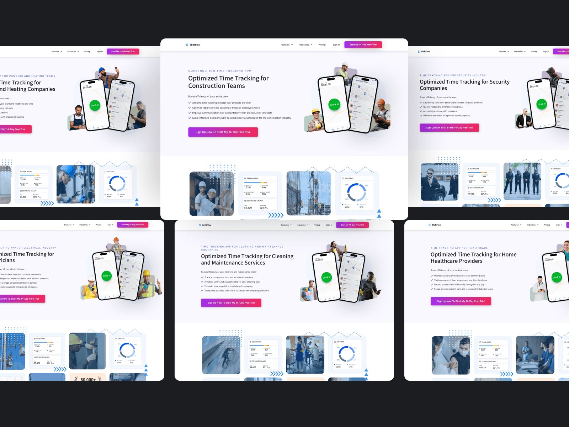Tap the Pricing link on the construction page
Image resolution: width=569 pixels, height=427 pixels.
point(322,45)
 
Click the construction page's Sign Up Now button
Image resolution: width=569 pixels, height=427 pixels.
point(223,132)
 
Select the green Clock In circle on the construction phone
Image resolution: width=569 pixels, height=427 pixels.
point(334,104)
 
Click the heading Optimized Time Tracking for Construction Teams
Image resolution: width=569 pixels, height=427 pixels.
point(228,82)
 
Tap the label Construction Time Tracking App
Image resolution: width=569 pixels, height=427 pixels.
point(219,71)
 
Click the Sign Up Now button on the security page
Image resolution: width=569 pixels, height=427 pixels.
point(449,128)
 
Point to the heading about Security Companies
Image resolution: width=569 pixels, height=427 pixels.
point(464,85)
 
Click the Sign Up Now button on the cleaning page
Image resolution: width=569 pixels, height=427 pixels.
point(231,303)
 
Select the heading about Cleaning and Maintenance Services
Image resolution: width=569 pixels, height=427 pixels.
point(247,259)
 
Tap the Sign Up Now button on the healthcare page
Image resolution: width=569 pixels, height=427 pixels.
point(461,301)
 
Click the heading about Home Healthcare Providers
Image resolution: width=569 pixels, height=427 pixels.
point(473,258)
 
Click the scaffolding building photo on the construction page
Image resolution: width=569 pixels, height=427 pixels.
point(308,193)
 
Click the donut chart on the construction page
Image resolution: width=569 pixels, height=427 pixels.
point(356,192)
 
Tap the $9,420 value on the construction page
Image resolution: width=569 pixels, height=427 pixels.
point(248,208)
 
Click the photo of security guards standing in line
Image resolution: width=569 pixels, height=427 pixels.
point(522,181)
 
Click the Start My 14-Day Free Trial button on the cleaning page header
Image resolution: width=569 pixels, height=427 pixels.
point(352,225)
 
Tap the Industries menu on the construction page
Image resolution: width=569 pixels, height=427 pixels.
point(305,45)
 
